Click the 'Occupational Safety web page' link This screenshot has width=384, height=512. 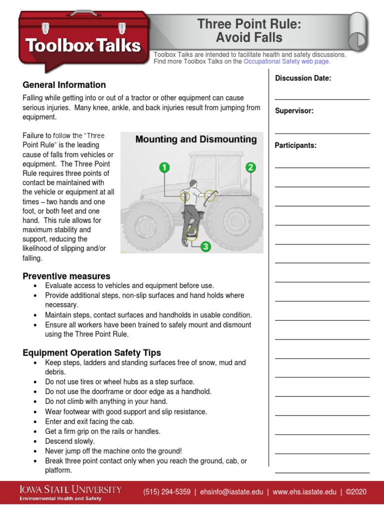click(x=286, y=61)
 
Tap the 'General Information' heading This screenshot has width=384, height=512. click(x=64, y=85)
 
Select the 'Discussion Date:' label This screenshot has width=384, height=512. click(x=303, y=78)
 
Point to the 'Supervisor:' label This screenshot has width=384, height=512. click(x=294, y=111)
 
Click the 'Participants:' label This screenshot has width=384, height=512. click(x=295, y=145)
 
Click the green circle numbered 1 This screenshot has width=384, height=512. click(x=164, y=167)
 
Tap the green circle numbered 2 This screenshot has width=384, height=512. click(x=250, y=167)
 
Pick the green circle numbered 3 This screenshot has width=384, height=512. click(x=205, y=246)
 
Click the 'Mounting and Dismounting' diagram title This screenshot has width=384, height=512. click(x=196, y=139)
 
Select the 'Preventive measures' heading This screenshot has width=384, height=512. click(x=66, y=276)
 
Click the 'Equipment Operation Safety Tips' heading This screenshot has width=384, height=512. click(x=92, y=353)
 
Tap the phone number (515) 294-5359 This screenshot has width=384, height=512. click(x=167, y=492)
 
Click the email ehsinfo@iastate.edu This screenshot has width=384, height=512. click(x=231, y=492)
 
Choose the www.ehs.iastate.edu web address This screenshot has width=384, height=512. click(x=304, y=492)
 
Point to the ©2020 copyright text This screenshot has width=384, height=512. click(x=356, y=492)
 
